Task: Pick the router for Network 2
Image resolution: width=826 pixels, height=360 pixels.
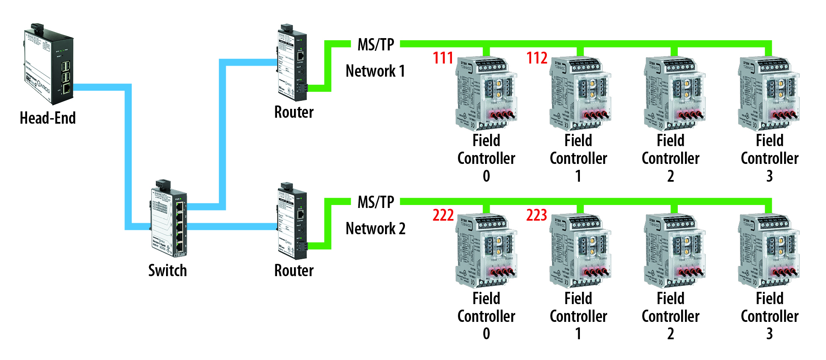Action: pyautogui.click(x=292, y=222)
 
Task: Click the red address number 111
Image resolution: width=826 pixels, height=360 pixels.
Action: pyautogui.click(x=443, y=58)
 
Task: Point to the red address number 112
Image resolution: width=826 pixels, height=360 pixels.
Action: pyautogui.click(x=537, y=58)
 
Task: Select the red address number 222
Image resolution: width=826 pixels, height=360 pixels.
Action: pyautogui.click(x=443, y=216)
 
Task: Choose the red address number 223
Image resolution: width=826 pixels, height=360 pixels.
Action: pyautogui.click(x=537, y=216)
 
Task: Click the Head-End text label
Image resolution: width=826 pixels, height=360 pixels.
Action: pyautogui.click(x=48, y=118)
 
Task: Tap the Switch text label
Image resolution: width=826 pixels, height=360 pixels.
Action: pyautogui.click(x=167, y=271)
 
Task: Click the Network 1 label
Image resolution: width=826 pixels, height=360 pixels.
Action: pyautogui.click(x=375, y=71)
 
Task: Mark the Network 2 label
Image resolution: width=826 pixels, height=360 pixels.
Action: pyautogui.click(x=375, y=229)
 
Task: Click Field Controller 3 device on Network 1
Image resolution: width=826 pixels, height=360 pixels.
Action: pyautogui.click(x=768, y=93)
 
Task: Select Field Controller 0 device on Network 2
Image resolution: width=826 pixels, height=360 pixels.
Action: pyautogui.click(x=486, y=251)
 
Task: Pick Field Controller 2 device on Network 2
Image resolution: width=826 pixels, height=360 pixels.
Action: pyautogui.click(x=674, y=251)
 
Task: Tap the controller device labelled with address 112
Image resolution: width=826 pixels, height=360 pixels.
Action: pyautogui.click(x=580, y=93)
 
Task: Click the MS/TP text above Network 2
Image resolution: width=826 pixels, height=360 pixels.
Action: pyautogui.click(x=376, y=202)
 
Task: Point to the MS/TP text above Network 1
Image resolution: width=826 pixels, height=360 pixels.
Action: pyautogui.click(x=376, y=44)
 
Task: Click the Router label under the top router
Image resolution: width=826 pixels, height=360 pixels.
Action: pyautogui.click(x=294, y=112)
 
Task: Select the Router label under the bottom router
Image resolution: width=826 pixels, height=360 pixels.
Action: pyautogui.click(x=294, y=271)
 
